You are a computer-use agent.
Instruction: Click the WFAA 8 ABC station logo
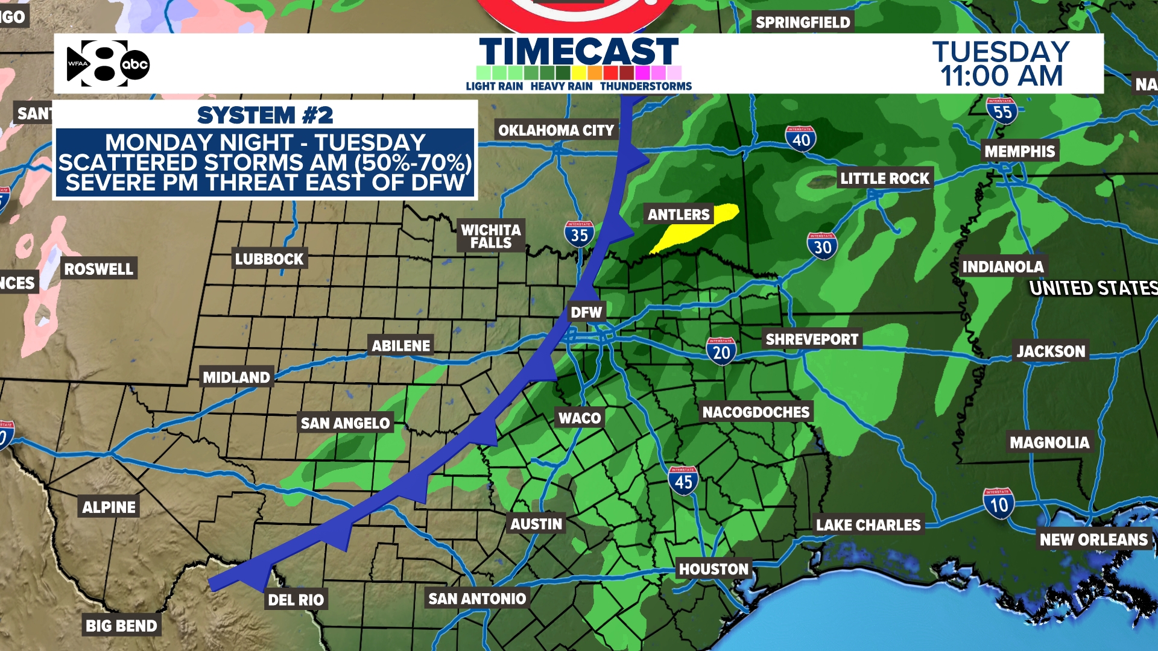(x=107, y=63)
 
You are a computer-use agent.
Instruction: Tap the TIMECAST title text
(x=578, y=52)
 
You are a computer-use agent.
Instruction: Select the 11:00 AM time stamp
(x=1001, y=77)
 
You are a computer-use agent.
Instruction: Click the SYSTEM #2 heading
(x=265, y=115)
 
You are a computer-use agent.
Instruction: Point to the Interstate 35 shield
(x=579, y=234)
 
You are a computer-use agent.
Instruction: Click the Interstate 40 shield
(x=800, y=139)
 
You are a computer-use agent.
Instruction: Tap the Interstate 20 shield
(x=721, y=351)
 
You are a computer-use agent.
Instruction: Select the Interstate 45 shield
(x=683, y=480)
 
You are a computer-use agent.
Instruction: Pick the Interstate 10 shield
(x=998, y=503)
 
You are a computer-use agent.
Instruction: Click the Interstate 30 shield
(x=822, y=246)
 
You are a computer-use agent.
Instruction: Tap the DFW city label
(x=586, y=312)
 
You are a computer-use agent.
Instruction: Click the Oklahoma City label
(x=555, y=130)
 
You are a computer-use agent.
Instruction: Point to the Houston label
(x=713, y=569)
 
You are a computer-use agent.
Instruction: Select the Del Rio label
(x=296, y=600)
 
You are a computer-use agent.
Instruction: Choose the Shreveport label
(x=811, y=339)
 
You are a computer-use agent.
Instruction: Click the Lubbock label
(x=269, y=259)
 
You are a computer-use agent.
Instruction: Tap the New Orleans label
(x=1093, y=539)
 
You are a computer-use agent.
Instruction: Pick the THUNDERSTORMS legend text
(x=645, y=86)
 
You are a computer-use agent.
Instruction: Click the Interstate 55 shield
(x=1002, y=111)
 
